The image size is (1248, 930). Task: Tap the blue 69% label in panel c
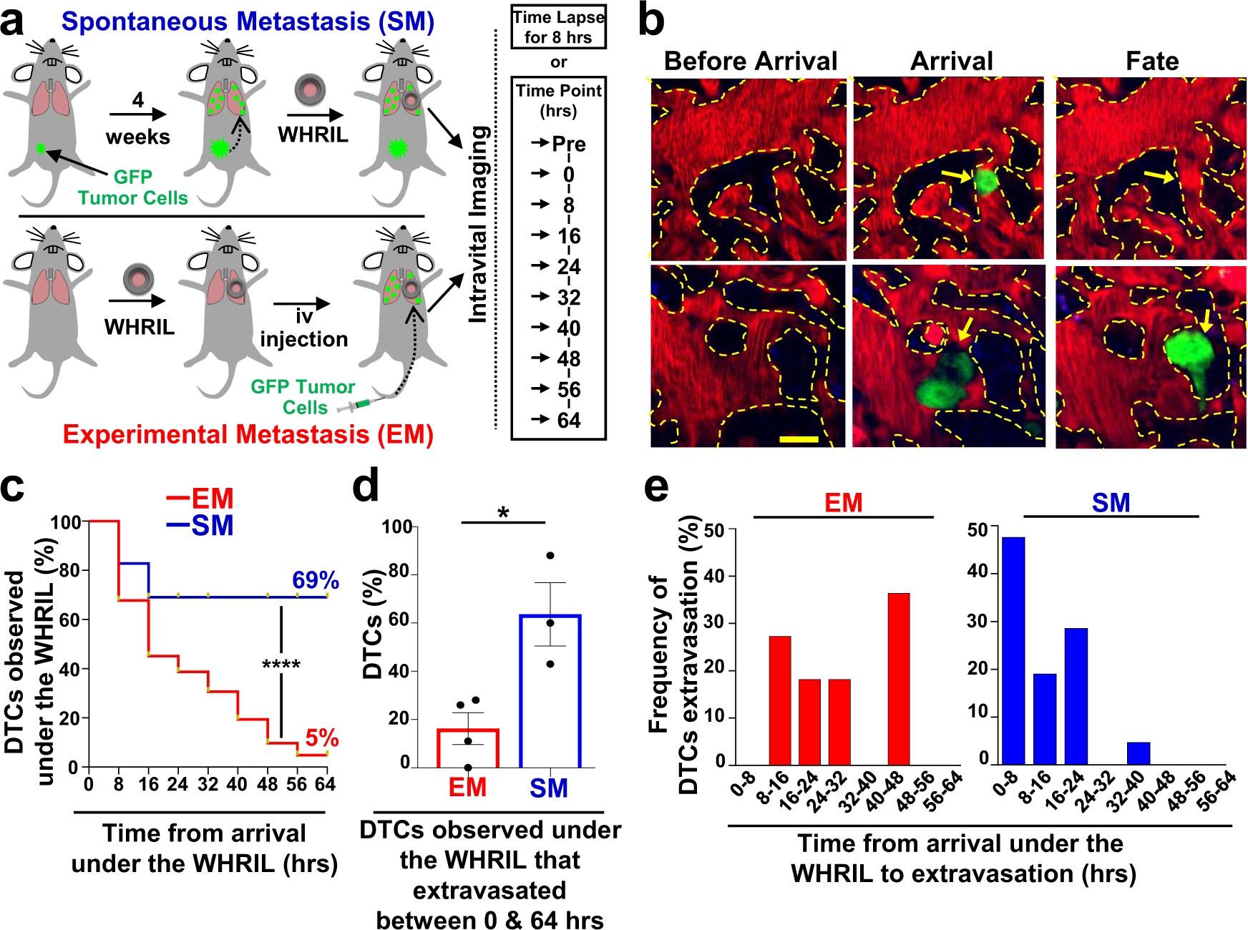tap(315, 579)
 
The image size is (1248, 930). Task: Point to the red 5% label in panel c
tap(321, 738)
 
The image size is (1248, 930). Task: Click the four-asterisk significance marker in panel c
tap(281, 665)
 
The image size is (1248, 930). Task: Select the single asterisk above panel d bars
tap(503, 513)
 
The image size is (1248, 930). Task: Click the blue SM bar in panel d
tap(550, 690)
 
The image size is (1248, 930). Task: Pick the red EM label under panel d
tap(467, 788)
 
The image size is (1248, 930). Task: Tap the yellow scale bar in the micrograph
tap(798, 439)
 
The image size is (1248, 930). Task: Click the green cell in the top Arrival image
tap(986, 182)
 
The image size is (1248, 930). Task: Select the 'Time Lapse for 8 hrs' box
tap(558, 27)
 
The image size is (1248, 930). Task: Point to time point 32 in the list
tap(568, 297)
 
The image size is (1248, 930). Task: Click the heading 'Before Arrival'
tap(750, 61)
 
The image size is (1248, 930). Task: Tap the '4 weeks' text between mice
tap(137, 119)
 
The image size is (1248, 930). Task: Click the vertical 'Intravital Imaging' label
tap(479, 224)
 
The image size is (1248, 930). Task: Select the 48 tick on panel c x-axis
tap(267, 785)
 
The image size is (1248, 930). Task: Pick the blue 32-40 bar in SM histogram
tap(1138, 753)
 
